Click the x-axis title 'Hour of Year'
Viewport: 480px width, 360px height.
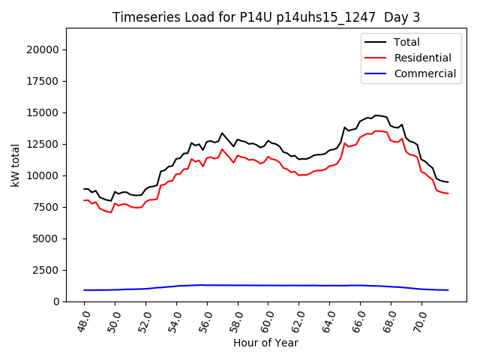click(x=265, y=343)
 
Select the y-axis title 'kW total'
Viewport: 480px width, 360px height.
click(x=16, y=165)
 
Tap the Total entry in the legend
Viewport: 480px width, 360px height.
click(x=406, y=42)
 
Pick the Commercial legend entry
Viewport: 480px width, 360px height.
click(x=424, y=73)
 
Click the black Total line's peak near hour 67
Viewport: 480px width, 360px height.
click(x=376, y=115)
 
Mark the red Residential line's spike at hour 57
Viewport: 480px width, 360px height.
click(x=222, y=149)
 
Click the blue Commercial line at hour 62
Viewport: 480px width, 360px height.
click(x=298, y=285)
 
